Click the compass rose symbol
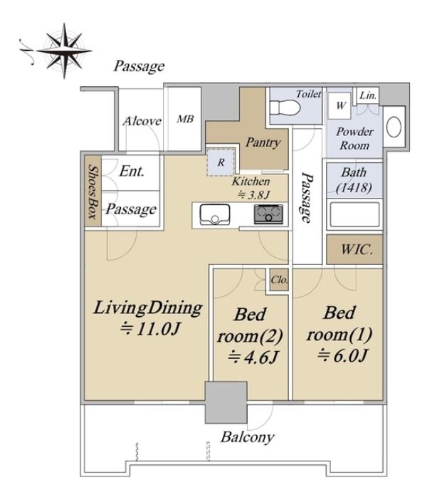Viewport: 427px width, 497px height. click(x=64, y=51)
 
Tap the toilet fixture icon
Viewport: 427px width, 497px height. click(x=285, y=108)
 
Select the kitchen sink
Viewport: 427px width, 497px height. click(x=214, y=214)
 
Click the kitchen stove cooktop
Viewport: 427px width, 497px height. click(x=268, y=214)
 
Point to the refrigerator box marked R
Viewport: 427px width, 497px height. click(x=221, y=162)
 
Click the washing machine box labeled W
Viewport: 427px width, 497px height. click(x=339, y=105)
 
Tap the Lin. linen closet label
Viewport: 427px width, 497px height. click(x=368, y=95)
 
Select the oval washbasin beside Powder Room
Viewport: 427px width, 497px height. click(x=394, y=127)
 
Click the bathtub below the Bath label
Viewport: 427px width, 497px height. click(x=354, y=214)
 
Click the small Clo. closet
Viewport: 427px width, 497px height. click(x=279, y=280)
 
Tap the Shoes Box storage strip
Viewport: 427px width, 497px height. click(x=93, y=191)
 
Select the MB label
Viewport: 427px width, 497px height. click(x=185, y=119)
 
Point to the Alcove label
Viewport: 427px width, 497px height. click(x=142, y=121)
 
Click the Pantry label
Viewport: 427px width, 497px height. click(x=263, y=142)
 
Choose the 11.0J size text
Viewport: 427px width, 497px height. click(x=150, y=329)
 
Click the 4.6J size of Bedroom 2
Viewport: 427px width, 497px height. click(x=253, y=357)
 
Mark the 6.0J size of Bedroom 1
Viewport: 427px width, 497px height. click(x=343, y=355)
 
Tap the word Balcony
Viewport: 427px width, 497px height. click(x=248, y=437)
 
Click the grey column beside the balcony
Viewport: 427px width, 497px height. click(x=226, y=402)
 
